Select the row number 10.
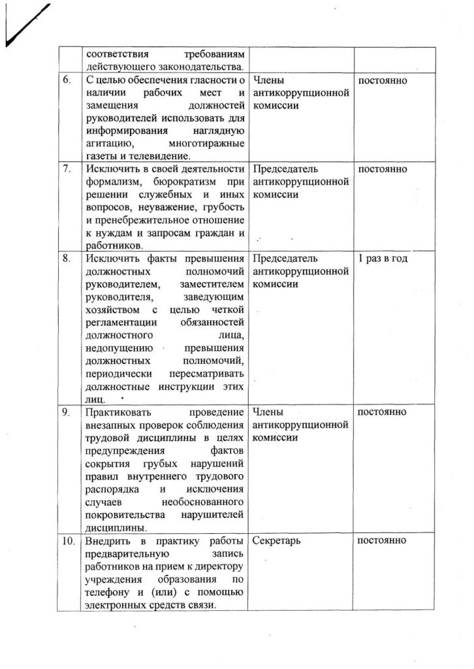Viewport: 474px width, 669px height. [x=69, y=541]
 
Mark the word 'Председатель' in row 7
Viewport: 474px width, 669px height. [x=284, y=169]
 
